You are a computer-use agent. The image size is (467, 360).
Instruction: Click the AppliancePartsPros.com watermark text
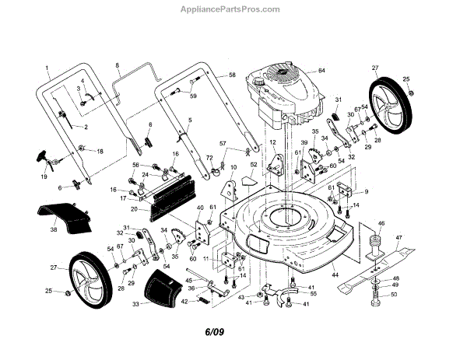(x=233, y=10)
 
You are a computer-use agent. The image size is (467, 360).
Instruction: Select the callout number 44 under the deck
(x=335, y=275)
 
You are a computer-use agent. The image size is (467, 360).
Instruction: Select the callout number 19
(x=44, y=177)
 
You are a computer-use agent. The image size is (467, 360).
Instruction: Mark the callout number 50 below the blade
(x=393, y=295)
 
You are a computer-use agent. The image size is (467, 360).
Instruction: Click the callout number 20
(x=134, y=209)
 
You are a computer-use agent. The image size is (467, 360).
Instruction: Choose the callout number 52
(x=253, y=165)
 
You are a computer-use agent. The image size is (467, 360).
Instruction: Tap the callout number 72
(x=209, y=158)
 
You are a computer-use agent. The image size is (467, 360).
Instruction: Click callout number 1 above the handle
(x=46, y=67)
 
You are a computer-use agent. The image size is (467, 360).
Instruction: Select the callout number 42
(x=184, y=301)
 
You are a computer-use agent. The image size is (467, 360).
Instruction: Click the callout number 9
(x=365, y=191)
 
